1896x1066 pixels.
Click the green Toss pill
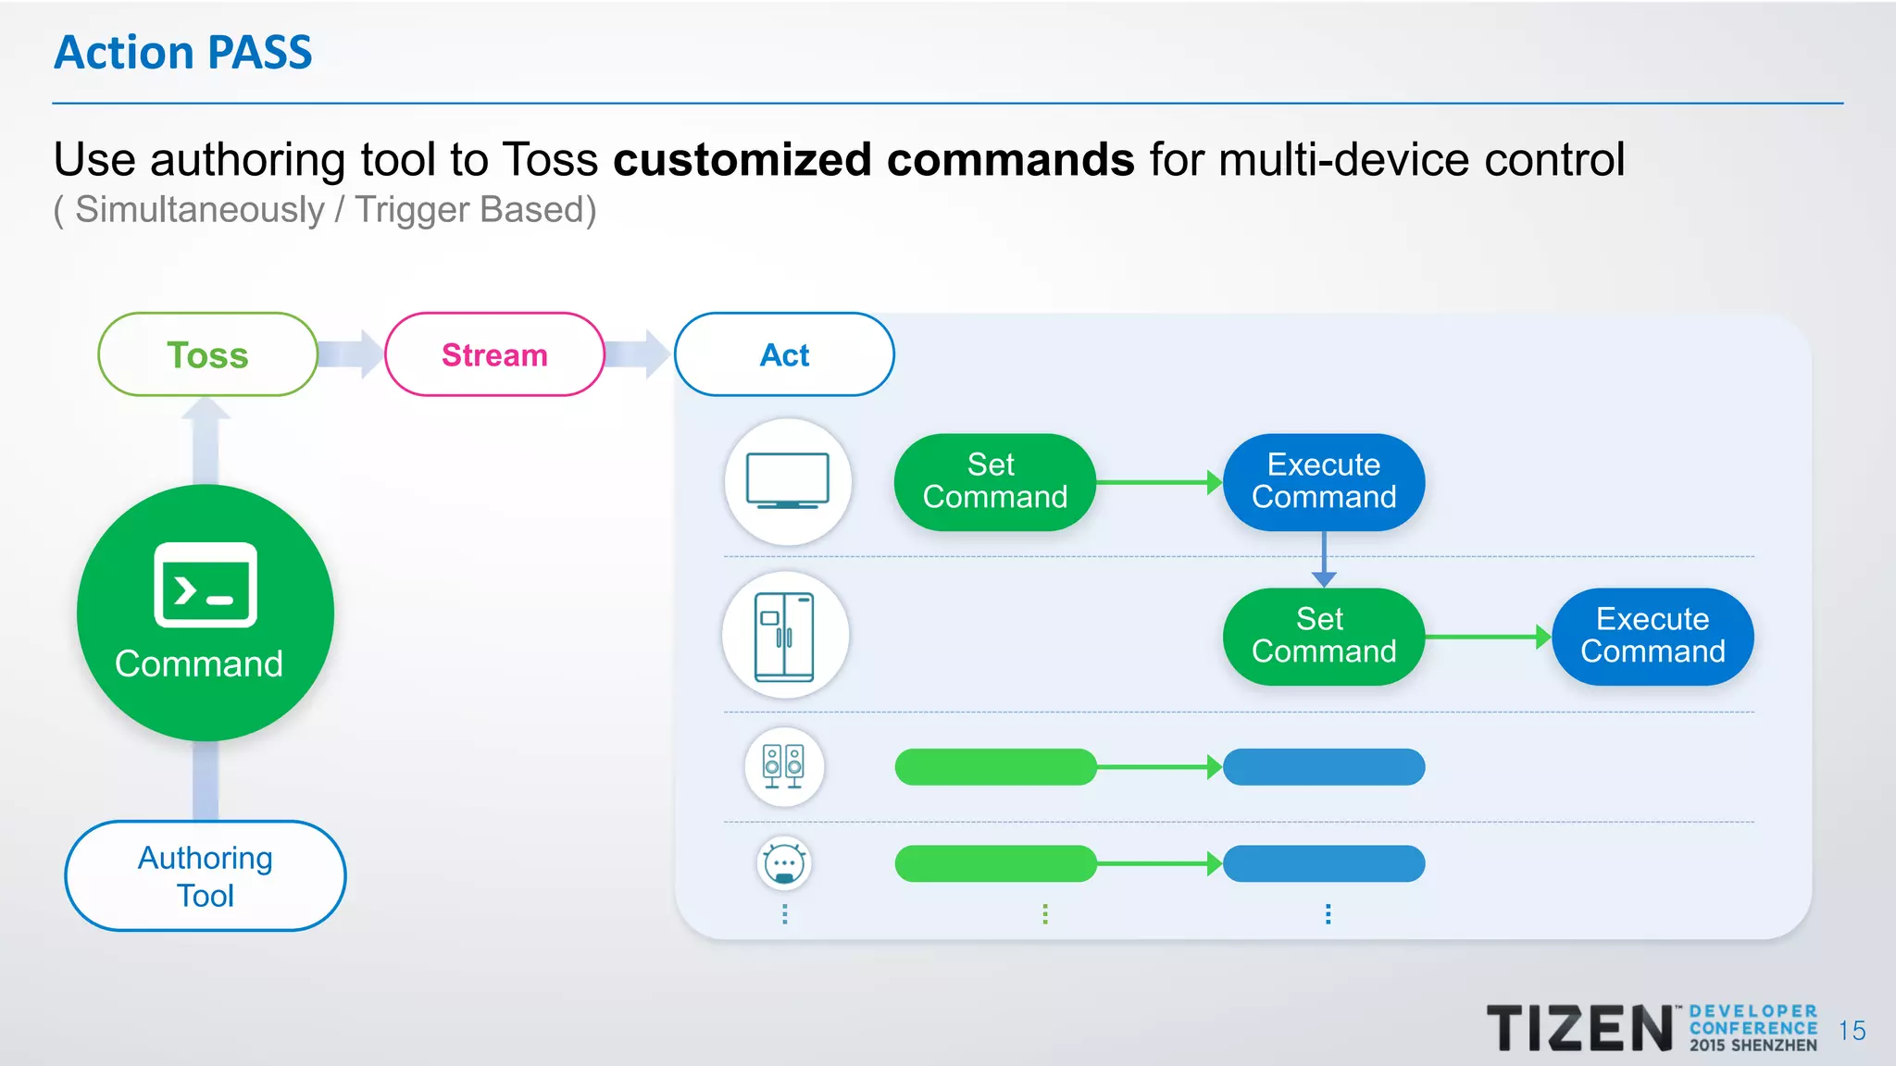pyautogui.click(x=207, y=354)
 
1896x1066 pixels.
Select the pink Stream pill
pyautogui.click(x=494, y=354)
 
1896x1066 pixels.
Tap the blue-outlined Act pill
pyautogui.click(x=784, y=354)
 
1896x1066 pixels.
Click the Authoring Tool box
pyautogui.click(x=206, y=875)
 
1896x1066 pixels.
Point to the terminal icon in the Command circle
pyautogui.click(x=206, y=585)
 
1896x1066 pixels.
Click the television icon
pyautogui.click(x=788, y=481)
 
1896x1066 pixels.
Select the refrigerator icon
pyautogui.click(x=785, y=636)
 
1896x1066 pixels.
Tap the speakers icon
pyautogui.click(x=783, y=766)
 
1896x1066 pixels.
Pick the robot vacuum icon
pyautogui.click(x=784, y=864)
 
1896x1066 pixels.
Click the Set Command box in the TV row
pyautogui.click(x=995, y=481)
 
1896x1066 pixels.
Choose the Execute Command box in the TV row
pyautogui.click(x=1324, y=481)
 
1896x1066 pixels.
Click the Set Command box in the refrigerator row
pyautogui.click(x=1324, y=636)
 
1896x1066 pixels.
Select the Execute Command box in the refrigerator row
pyautogui.click(x=1653, y=636)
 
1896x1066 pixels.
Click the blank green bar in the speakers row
pyautogui.click(x=995, y=767)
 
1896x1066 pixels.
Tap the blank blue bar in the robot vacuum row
pyautogui.click(x=1324, y=863)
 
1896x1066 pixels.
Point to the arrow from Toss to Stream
pyautogui.click(x=352, y=354)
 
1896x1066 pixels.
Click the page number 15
pyautogui.click(x=1852, y=1031)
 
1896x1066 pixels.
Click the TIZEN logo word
pyautogui.click(x=1579, y=1028)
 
